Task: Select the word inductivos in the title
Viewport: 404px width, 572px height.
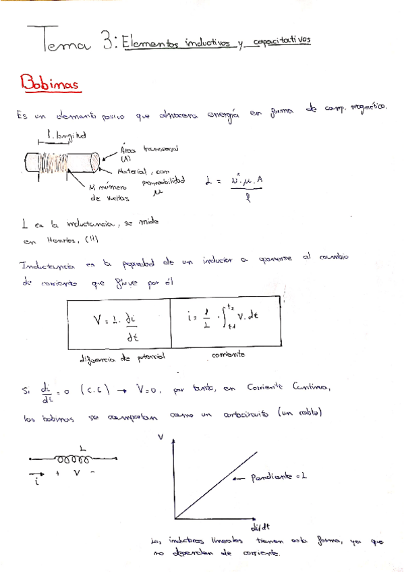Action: (x=203, y=42)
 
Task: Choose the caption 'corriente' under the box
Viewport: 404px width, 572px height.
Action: (x=227, y=354)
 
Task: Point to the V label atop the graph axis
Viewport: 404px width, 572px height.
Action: (x=161, y=437)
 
